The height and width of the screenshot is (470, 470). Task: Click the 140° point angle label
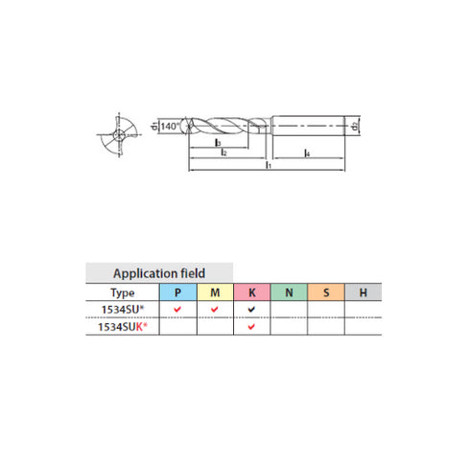pyautogui.click(x=170, y=126)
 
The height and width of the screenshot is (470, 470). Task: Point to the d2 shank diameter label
pyautogui.click(x=355, y=126)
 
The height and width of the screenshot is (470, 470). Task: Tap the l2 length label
pyautogui.click(x=222, y=153)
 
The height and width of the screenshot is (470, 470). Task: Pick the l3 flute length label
pyautogui.click(x=220, y=142)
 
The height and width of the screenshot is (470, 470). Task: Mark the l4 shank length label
pyautogui.click(x=306, y=153)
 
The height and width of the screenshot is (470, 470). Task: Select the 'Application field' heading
pyautogui.click(x=159, y=272)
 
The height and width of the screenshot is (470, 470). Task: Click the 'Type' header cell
pyautogui.click(x=123, y=292)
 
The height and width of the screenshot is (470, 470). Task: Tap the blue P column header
pyautogui.click(x=177, y=292)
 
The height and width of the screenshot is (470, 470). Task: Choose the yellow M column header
pyautogui.click(x=215, y=292)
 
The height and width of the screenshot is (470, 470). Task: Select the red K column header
pyautogui.click(x=251, y=292)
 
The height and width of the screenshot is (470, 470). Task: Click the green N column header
pyautogui.click(x=289, y=292)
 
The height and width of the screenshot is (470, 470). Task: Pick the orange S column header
pyautogui.click(x=326, y=292)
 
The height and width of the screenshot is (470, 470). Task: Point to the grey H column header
pyautogui.click(x=363, y=292)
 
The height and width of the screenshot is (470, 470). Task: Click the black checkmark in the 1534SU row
pyautogui.click(x=251, y=309)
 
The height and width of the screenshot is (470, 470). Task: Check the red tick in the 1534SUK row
pyautogui.click(x=251, y=326)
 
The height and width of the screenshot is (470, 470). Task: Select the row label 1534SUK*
pyautogui.click(x=123, y=326)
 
